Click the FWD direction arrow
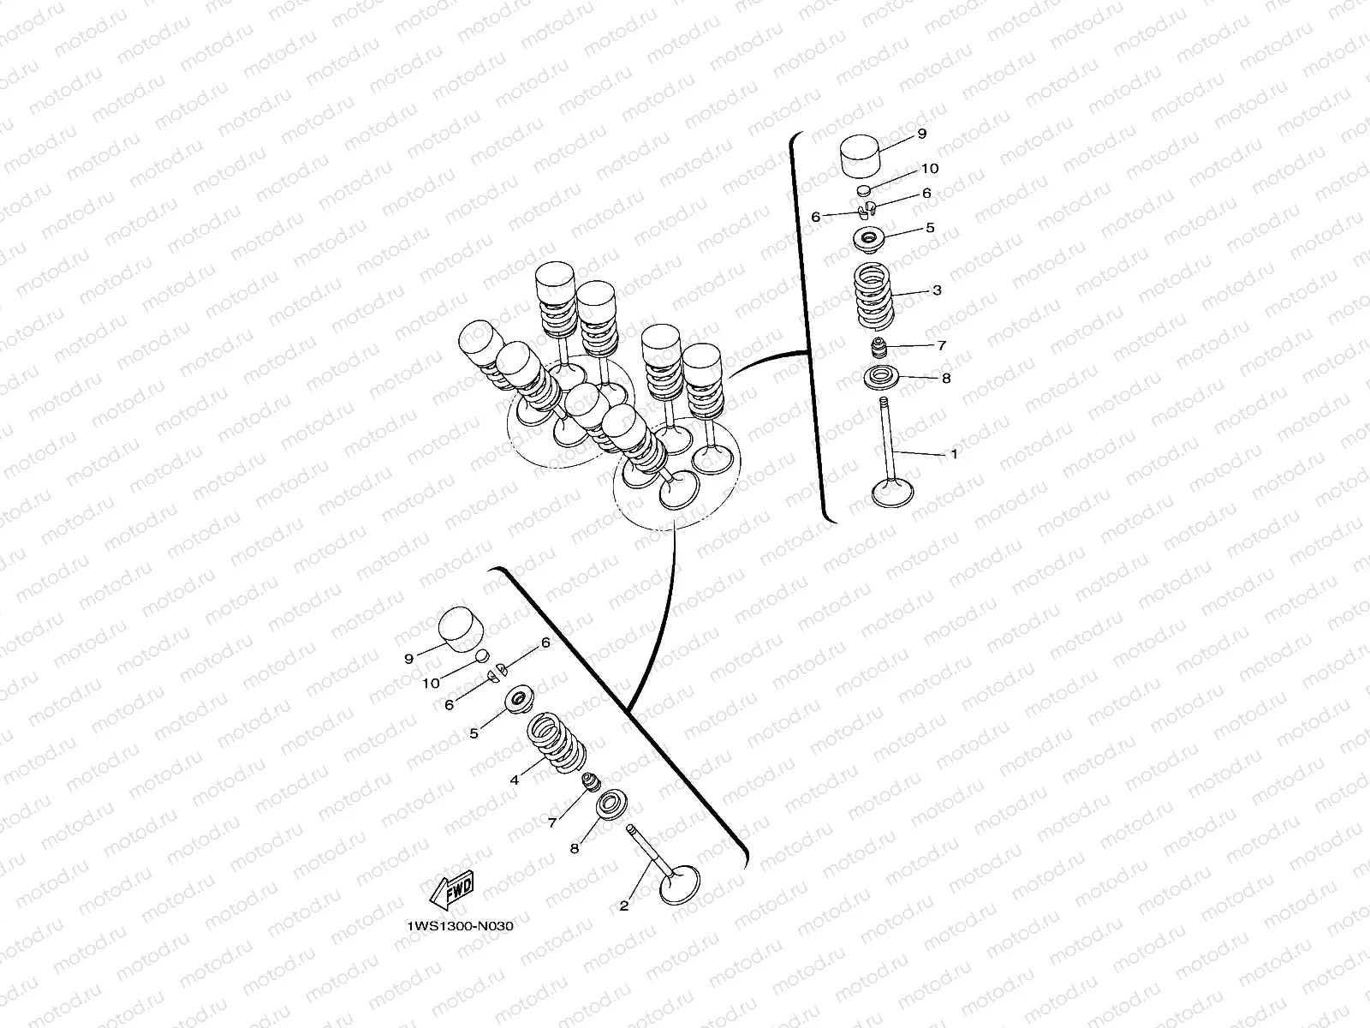coord(452,890)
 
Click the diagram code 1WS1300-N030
coord(460,926)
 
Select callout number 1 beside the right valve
coord(954,454)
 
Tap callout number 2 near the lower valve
coord(624,906)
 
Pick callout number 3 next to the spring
coord(937,290)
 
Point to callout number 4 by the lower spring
coord(515,780)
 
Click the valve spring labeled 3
coord(873,296)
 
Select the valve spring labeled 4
coord(557,744)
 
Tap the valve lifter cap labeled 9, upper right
coord(860,156)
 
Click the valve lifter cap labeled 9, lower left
coord(462,629)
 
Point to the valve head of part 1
coord(892,492)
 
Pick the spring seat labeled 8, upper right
coord(880,379)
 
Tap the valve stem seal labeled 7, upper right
coord(879,347)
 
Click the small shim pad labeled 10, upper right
coord(863,189)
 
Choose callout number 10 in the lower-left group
coord(431,684)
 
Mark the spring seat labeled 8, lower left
coord(611,805)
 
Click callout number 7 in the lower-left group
coord(551,822)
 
